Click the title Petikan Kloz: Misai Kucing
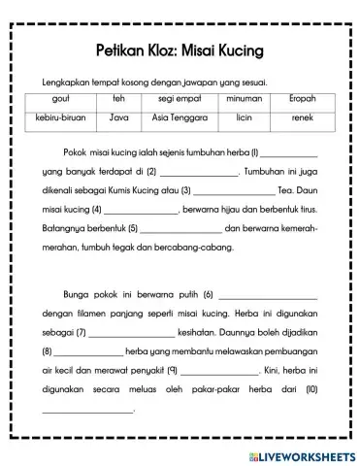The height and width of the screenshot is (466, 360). coord(180,48)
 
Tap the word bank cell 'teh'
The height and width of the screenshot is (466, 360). coord(119,99)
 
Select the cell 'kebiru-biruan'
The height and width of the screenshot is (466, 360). coord(64,118)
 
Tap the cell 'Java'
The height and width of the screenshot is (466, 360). coord(119,118)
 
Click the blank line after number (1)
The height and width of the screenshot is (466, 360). coord(289,155)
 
